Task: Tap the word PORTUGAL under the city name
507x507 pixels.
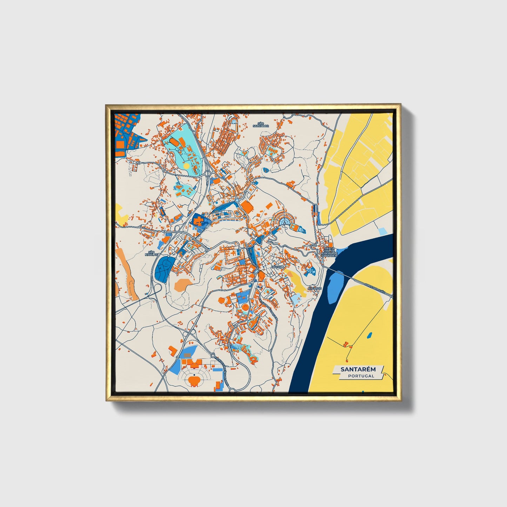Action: (x=361, y=376)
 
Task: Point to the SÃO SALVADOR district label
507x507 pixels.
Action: (x=261, y=125)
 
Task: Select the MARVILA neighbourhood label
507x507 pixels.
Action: (x=277, y=267)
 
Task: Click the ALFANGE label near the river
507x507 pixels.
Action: (x=314, y=288)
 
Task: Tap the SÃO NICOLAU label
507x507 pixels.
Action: (x=152, y=253)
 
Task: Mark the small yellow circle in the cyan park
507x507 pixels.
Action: (x=186, y=165)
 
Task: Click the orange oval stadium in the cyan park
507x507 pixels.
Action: (x=173, y=142)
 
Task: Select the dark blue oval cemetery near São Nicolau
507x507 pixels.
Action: (x=163, y=269)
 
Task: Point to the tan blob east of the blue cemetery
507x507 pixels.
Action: (x=183, y=285)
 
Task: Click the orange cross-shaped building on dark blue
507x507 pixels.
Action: (x=199, y=221)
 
